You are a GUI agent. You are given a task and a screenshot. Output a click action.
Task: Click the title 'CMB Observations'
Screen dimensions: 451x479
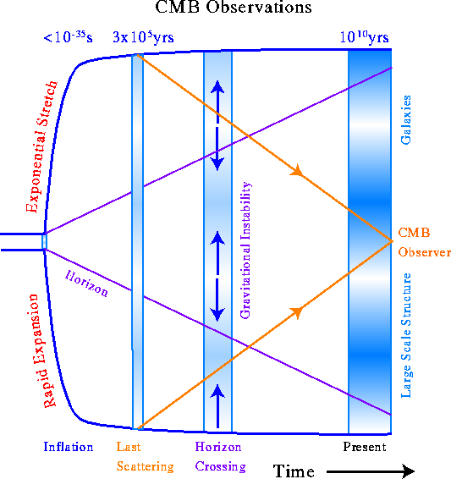point(234,7)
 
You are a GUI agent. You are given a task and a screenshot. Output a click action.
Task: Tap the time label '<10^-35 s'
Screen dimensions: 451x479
point(68,37)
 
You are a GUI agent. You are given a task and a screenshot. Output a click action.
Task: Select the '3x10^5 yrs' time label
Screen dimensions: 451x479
point(143,37)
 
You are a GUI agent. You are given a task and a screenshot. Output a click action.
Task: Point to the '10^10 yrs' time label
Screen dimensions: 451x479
point(365,37)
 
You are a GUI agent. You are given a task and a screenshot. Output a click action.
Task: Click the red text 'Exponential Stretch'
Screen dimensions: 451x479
point(41,146)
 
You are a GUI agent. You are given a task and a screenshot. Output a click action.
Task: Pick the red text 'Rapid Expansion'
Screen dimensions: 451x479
point(41,350)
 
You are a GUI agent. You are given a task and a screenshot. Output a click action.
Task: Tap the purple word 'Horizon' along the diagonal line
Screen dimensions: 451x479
point(86,284)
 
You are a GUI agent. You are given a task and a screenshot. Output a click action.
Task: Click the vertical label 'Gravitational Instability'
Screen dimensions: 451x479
point(245,251)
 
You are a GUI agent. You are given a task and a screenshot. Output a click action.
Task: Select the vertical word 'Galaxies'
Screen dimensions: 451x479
point(406,119)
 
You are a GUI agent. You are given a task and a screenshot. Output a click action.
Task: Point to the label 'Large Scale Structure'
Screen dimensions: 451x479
point(406,335)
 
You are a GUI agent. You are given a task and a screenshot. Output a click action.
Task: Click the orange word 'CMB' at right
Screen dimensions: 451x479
point(414,233)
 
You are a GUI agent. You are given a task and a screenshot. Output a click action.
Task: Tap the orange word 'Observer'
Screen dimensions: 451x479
point(425,252)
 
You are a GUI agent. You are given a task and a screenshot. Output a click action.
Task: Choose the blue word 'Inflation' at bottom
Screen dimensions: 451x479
point(69,447)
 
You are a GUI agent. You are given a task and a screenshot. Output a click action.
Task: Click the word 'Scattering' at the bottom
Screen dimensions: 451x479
point(145,467)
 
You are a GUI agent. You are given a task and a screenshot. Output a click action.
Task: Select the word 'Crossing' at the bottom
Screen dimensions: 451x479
point(221,467)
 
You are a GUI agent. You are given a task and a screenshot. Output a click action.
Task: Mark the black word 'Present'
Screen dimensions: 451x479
point(365,447)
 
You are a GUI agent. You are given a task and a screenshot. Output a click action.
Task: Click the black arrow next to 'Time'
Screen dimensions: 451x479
point(371,471)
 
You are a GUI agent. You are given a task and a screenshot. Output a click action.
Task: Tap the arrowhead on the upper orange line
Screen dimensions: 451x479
point(297,170)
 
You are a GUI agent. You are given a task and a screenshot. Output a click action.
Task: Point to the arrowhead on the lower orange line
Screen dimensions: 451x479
point(297,312)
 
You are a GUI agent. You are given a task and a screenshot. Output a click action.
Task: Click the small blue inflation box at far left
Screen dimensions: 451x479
point(44,242)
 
